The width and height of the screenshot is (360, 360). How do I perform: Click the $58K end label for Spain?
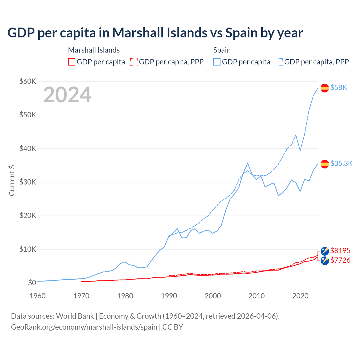click(339, 87)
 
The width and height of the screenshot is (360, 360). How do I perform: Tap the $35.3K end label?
click(341, 163)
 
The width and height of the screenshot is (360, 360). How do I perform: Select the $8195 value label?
click(340, 250)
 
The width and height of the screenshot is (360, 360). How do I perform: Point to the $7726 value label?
click(340, 260)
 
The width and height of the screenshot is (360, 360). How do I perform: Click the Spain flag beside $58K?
click(325, 88)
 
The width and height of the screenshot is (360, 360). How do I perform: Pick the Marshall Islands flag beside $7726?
click(325, 261)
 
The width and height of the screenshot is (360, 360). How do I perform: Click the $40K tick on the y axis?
click(28, 148)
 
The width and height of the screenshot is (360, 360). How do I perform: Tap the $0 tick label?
click(32, 283)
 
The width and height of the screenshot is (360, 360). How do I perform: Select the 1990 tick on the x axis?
click(169, 296)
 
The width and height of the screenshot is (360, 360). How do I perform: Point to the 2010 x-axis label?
click(256, 296)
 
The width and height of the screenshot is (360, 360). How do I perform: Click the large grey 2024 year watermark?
click(67, 95)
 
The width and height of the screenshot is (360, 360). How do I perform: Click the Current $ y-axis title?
click(12, 181)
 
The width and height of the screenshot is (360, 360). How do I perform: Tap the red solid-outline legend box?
click(72, 62)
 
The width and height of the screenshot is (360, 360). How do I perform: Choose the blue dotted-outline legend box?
click(279, 62)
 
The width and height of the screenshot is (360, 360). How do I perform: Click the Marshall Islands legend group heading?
click(94, 50)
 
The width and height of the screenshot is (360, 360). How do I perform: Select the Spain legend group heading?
click(222, 50)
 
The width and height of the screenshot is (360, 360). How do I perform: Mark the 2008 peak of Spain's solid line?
click(247, 163)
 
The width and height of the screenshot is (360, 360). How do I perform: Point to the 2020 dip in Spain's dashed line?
click(300, 150)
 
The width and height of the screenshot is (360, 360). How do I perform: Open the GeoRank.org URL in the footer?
click(84, 327)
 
